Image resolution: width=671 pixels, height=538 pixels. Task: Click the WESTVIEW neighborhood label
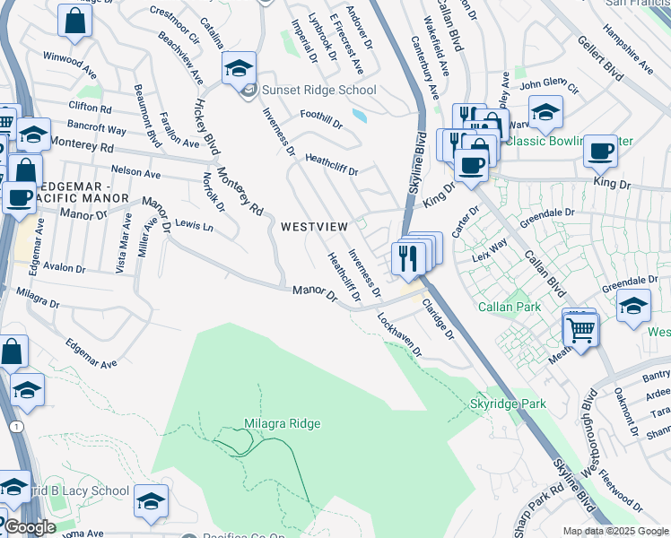[x=314, y=227]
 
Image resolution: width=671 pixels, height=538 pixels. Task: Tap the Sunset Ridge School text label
[x=318, y=90]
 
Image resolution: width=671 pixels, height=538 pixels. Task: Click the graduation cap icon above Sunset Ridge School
[x=240, y=68]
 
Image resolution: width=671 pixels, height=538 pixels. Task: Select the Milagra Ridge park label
[x=282, y=423]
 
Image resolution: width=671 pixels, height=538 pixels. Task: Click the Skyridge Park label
[x=508, y=404]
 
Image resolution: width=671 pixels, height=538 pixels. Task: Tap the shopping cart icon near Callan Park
[x=580, y=330]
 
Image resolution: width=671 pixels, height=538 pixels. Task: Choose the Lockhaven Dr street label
[x=399, y=334]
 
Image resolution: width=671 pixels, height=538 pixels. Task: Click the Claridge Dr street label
[x=439, y=320]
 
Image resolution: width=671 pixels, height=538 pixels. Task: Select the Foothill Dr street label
[x=321, y=120]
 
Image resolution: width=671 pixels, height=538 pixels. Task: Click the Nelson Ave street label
[x=135, y=170]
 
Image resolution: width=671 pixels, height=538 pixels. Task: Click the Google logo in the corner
[x=30, y=527]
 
